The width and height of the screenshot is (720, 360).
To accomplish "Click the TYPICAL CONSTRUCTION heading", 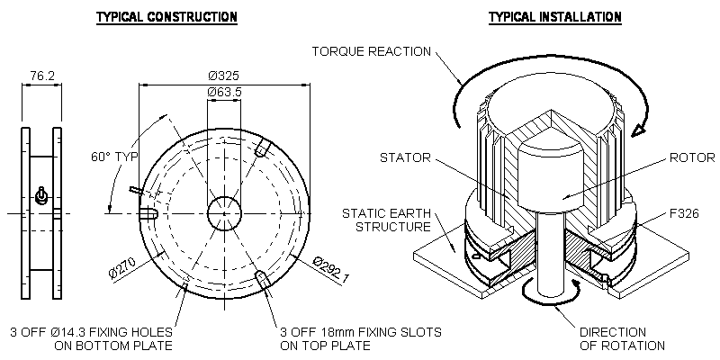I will pyautogui.click(x=166, y=17).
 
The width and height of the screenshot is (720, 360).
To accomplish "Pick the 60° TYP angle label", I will pyautogui.click(x=114, y=156).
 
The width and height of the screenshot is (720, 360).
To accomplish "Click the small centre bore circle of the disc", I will pyautogui.click(x=224, y=213).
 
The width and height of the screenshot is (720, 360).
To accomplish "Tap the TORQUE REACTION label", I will pyautogui.click(x=372, y=50).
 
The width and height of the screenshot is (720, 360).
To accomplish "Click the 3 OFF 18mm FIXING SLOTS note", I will pyautogui.click(x=360, y=338).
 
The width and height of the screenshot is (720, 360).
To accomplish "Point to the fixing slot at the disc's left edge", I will pyautogui.click(x=149, y=213).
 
